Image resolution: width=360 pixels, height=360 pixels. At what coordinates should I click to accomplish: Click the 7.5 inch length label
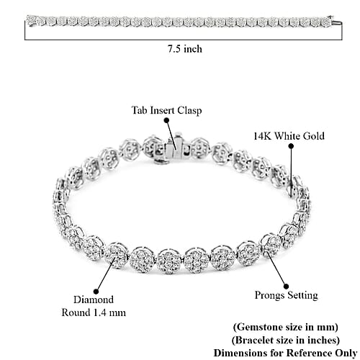[184, 49]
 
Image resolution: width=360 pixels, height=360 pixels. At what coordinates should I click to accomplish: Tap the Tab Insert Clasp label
[166, 110]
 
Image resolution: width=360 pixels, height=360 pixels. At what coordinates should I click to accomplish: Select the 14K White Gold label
[289, 136]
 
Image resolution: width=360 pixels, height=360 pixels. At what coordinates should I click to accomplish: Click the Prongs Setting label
[287, 295]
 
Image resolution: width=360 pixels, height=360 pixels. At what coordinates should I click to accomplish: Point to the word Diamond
[94, 300]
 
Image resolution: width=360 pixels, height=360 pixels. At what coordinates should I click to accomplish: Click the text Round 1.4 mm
[94, 312]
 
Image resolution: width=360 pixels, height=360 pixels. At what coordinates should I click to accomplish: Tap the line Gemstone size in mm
[286, 327]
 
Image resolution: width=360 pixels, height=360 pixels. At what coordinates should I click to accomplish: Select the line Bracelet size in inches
[286, 340]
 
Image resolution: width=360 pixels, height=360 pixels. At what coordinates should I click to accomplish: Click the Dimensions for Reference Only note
[286, 353]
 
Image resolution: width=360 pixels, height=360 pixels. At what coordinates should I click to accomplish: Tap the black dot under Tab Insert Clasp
[166, 120]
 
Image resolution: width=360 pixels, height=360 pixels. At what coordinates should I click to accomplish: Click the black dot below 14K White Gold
[291, 146]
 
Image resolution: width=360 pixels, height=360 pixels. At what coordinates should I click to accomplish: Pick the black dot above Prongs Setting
[286, 287]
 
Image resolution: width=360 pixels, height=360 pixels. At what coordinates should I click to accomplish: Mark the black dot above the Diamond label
[96, 292]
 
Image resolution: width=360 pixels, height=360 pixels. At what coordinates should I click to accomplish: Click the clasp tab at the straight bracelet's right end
[336, 23]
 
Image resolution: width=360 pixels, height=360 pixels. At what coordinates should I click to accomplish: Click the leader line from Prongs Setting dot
[276, 268]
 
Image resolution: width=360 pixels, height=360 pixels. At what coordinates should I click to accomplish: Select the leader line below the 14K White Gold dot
[292, 172]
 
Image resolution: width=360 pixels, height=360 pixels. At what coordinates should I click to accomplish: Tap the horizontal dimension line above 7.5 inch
[184, 40]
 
